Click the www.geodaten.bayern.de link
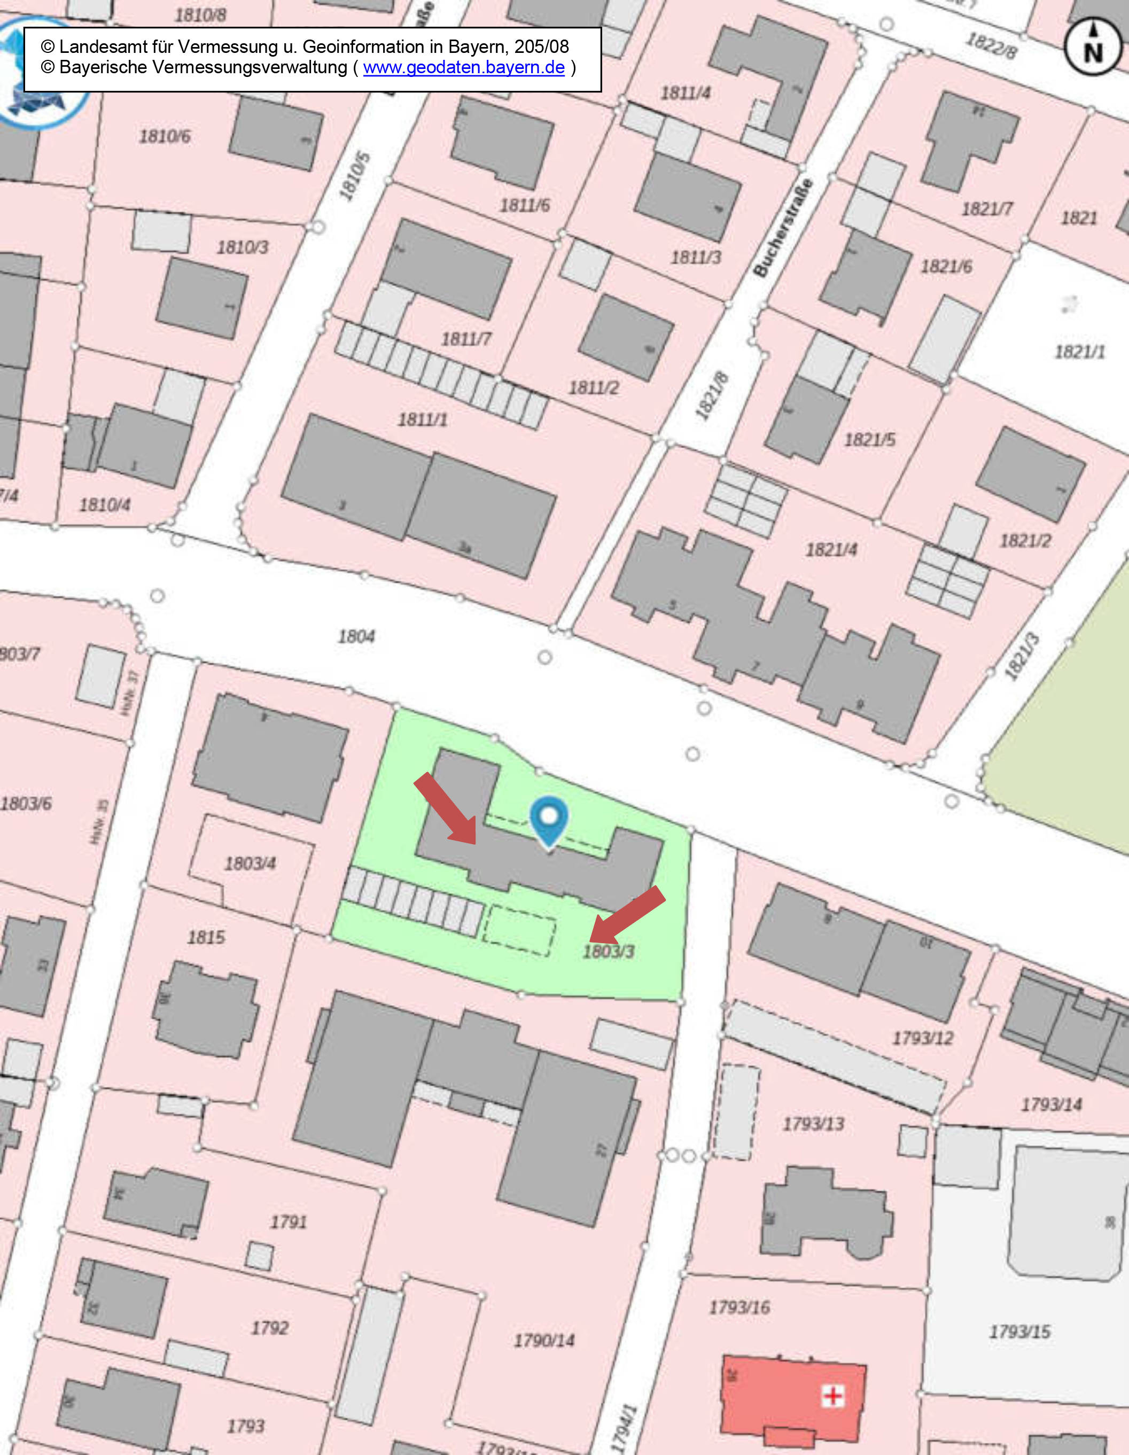464,67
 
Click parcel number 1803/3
608,951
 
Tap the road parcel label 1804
356,636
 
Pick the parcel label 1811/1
422,419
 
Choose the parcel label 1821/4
831,550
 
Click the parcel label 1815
206,937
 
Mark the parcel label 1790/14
543,1340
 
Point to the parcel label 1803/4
250,863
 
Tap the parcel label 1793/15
1019,1332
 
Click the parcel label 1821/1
1080,351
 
